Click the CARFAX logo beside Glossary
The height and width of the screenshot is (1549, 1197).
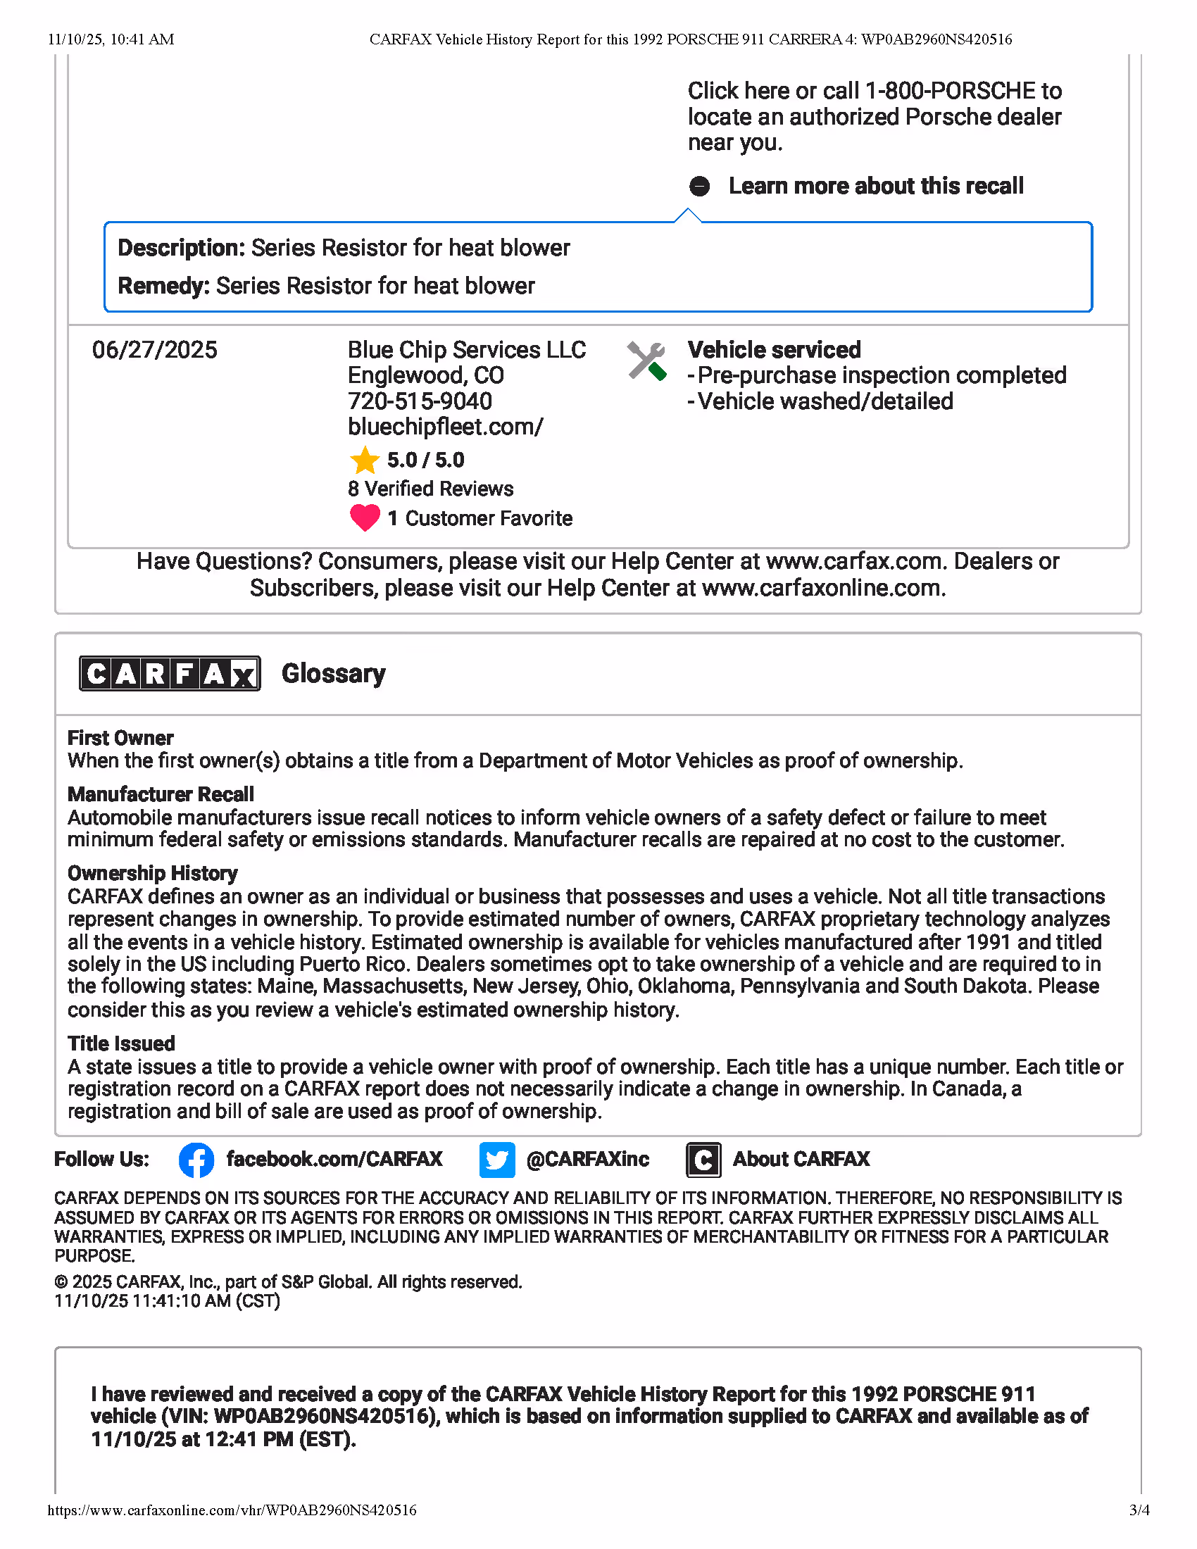[170, 673]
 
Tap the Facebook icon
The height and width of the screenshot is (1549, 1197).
[196, 1160]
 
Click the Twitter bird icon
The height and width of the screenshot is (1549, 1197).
[496, 1160]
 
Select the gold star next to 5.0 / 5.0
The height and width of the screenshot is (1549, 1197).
[365, 460]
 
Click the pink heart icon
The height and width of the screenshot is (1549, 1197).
[365, 518]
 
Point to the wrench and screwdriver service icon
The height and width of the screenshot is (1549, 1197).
[646, 361]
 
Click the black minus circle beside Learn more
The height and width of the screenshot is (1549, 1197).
[699, 186]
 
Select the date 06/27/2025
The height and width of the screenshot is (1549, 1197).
[155, 350]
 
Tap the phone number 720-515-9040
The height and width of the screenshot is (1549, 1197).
[419, 401]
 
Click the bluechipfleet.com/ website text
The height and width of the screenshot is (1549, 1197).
[445, 427]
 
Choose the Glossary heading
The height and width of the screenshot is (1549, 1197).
[333, 673]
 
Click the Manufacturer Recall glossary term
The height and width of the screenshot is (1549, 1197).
[161, 794]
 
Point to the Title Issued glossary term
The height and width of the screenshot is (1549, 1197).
[121, 1043]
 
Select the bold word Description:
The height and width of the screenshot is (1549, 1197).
[182, 248]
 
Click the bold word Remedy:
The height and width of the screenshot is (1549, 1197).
[164, 286]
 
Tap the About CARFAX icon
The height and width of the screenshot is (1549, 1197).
[703, 1160]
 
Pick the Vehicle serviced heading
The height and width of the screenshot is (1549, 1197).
[775, 350]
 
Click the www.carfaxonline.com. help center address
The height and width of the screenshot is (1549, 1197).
[823, 588]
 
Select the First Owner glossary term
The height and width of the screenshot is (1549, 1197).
[120, 739]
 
